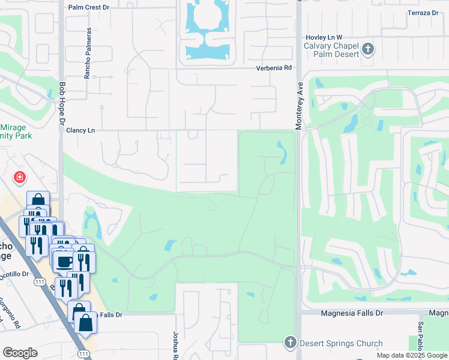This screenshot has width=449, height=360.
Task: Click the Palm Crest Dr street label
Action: (x=89, y=8)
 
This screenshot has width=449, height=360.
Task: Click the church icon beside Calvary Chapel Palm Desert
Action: (x=368, y=49)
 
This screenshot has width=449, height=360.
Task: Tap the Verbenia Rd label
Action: (x=274, y=68)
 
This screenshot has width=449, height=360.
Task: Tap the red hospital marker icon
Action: (x=20, y=178)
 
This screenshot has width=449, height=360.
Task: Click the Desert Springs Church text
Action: (x=342, y=344)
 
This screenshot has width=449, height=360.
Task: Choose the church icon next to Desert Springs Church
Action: (x=290, y=343)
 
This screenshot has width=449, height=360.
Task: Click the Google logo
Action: (x=20, y=353)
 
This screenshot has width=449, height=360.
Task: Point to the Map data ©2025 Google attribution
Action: (x=412, y=355)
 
